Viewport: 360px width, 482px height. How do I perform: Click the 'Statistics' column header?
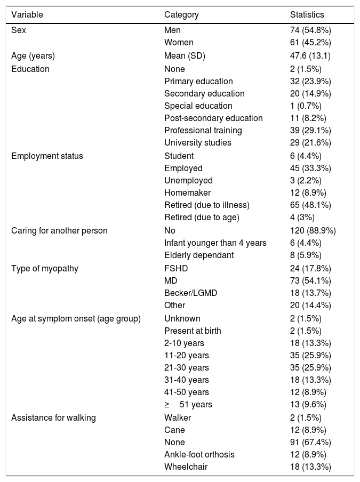click(307, 15)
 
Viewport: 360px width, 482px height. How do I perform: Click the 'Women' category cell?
click(179, 43)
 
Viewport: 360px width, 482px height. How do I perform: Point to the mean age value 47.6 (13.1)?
click(309, 56)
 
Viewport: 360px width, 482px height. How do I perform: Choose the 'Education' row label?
click(30, 69)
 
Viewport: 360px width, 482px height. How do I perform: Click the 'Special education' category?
click(198, 106)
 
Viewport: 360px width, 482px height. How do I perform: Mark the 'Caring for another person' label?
click(59, 230)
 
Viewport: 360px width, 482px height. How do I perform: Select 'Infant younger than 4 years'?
click(215, 243)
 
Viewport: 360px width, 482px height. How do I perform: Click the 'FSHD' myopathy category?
click(175, 268)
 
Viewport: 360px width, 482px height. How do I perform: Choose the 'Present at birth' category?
click(193, 331)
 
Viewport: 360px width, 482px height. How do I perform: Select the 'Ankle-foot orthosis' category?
click(199, 454)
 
